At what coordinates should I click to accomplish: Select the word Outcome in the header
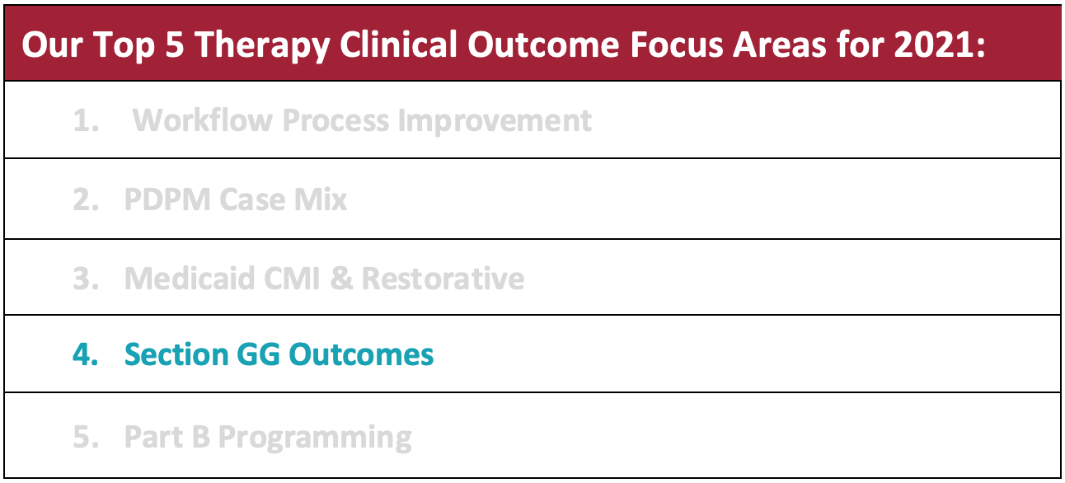543,45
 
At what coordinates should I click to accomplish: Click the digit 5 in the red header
175,45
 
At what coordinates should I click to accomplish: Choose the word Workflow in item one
202,120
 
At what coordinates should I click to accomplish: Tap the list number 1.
86,120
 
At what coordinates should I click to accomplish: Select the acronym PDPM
167,199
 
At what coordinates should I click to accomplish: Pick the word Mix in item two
321,199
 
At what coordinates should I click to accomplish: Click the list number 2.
86,199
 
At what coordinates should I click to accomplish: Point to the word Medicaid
190,278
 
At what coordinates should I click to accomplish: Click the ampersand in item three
341,278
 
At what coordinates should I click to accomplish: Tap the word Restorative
443,278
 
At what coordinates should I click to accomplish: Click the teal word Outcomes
361,354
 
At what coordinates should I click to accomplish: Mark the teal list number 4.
86,354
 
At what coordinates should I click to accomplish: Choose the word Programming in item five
315,438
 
